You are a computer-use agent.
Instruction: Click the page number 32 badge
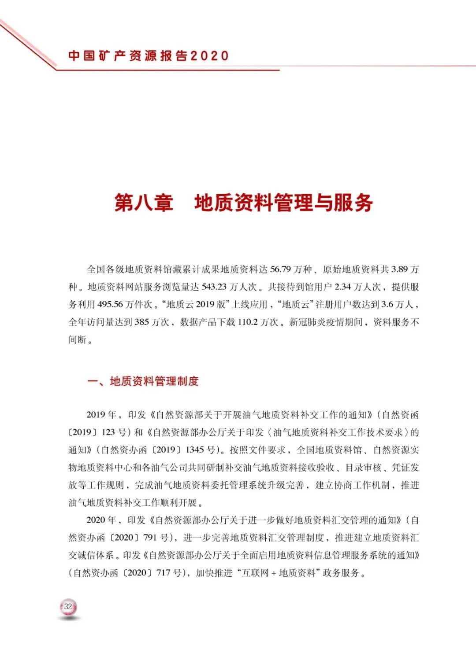point(68,607)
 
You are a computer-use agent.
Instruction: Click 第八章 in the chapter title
point(144,203)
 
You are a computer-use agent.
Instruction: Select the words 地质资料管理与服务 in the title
point(283,203)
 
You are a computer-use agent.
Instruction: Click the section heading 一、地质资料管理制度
point(143,381)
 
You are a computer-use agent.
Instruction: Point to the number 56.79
point(281,269)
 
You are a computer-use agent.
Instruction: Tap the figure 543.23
point(214,287)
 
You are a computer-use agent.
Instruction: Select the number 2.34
point(342,287)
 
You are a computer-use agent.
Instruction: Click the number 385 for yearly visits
point(141,322)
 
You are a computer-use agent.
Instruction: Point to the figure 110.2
point(247,322)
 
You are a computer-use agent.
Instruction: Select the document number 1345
point(195,450)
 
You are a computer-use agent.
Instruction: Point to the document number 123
point(108,432)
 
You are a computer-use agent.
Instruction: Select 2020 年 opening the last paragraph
point(101,520)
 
